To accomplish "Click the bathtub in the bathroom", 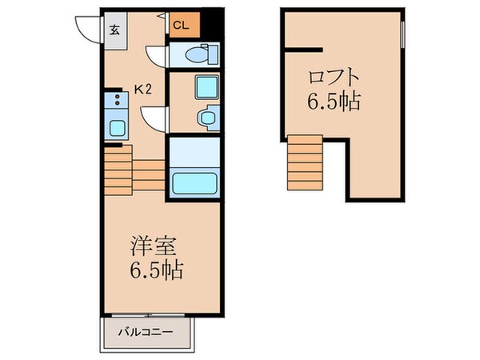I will (195, 182).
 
